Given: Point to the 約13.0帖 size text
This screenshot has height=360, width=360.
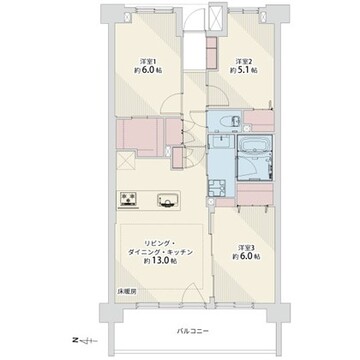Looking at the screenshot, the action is [x=160, y=261].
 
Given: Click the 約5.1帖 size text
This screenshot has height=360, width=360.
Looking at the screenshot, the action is [x=243, y=70].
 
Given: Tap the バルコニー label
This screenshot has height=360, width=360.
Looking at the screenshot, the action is [x=193, y=331].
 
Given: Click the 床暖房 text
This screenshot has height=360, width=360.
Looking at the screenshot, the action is [x=126, y=291].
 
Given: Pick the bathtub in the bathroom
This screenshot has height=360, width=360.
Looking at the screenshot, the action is [x=255, y=146].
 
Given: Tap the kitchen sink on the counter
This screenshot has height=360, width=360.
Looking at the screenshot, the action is [x=168, y=201].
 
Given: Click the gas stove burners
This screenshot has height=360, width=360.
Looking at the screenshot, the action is [x=128, y=199].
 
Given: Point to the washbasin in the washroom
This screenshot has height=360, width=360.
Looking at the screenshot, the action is [x=221, y=142].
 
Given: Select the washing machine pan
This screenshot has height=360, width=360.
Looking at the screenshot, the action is [x=217, y=188].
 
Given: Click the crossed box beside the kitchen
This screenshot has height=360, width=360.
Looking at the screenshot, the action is [x=126, y=161].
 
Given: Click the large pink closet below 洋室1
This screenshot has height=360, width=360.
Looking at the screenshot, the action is [x=140, y=136].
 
